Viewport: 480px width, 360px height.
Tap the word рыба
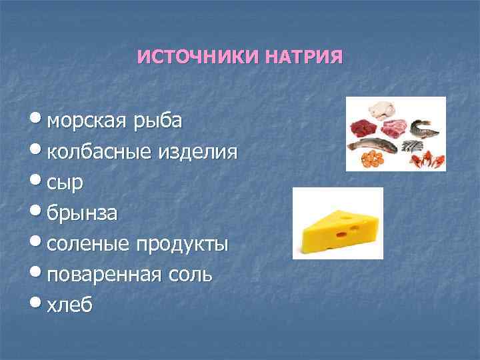click(x=159, y=121)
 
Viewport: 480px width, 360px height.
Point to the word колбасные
click(x=100, y=152)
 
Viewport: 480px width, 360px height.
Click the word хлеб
click(x=71, y=304)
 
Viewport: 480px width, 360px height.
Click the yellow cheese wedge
click(x=337, y=229)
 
